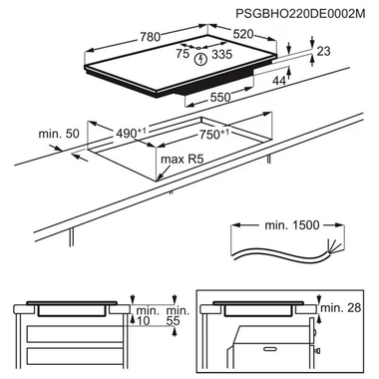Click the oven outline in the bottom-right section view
click(264, 344)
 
